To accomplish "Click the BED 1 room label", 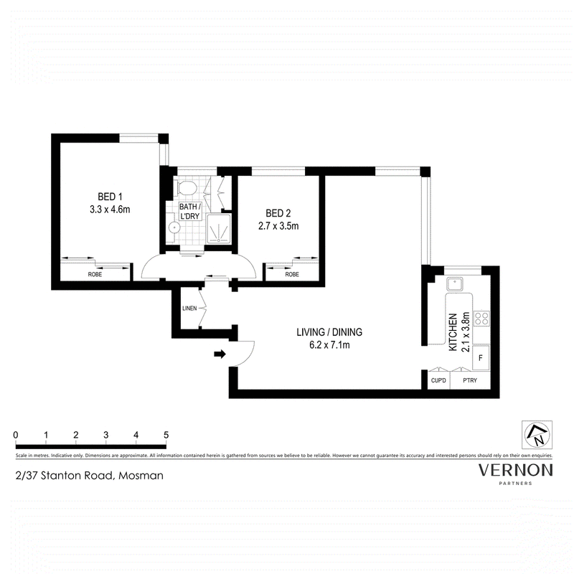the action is [x=110, y=197].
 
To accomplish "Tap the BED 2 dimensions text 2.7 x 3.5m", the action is [x=278, y=226].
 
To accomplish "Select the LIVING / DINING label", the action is [x=329, y=332].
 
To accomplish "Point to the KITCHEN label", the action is [x=453, y=332].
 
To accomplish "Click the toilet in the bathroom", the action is [x=187, y=188].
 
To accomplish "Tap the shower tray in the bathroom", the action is [x=219, y=228].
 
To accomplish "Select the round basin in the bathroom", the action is [x=174, y=228].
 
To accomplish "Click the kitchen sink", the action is [x=455, y=283].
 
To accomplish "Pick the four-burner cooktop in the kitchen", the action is [x=481, y=319].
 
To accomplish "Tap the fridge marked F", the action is [x=481, y=357].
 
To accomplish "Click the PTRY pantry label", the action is [x=470, y=380].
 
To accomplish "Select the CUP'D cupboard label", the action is [x=438, y=380].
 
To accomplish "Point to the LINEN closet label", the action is [x=189, y=309].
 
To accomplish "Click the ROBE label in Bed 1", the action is [x=95, y=274].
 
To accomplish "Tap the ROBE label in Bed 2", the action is [x=292, y=274].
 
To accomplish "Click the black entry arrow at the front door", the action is [x=220, y=354].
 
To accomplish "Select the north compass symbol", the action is [x=537, y=435].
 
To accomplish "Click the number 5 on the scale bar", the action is [x=166, y=435].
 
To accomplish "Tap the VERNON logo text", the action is [x=516, y=470].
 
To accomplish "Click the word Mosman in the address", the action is [x=141, y=476].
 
